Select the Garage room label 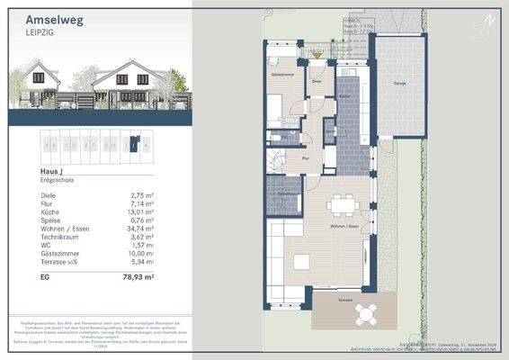pyautogui.click(x=398, y=82)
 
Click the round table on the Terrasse pyautogui.click(x=366, y=314)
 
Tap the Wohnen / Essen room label pyautogui.click(x=346, y=226)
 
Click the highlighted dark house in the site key pyautogui.click(x=133, y=143)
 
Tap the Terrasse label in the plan pyautogui.click(x=334, y=294)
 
